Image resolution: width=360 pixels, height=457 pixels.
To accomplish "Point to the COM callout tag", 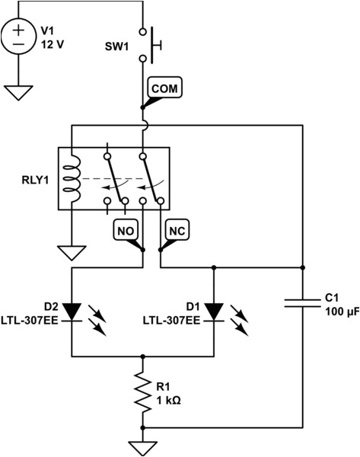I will [x=164, y=88].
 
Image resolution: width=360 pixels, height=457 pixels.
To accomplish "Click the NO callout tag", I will [x=126, y=228].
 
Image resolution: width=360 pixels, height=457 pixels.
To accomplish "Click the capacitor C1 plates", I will [x=303, y=302].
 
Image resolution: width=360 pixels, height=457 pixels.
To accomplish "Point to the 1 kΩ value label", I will [x=169, y=400].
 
